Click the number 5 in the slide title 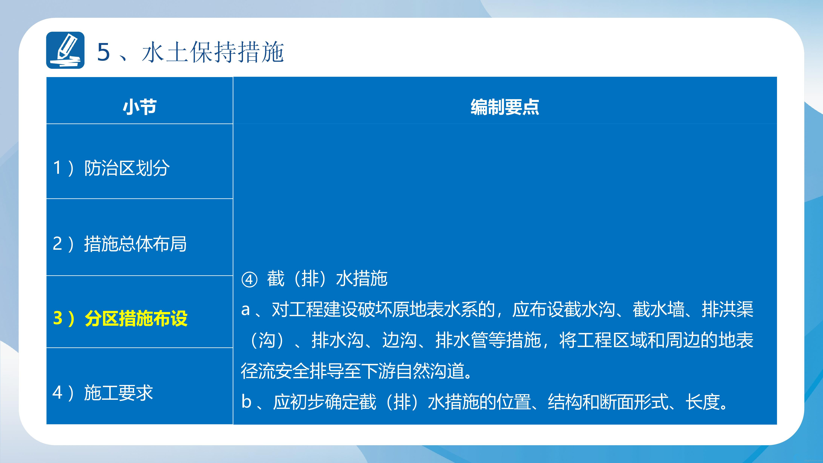click(103, 52)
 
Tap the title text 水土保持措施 click(213, 52)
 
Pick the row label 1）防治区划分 click(111, 168)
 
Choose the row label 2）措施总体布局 click(120, 244)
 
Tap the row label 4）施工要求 click(103, 393)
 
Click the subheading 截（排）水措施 click(327, 278)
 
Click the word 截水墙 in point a click(658, 309)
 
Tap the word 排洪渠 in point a click(727, 309)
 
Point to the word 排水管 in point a click(461, 340)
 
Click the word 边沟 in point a click(399, 340)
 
